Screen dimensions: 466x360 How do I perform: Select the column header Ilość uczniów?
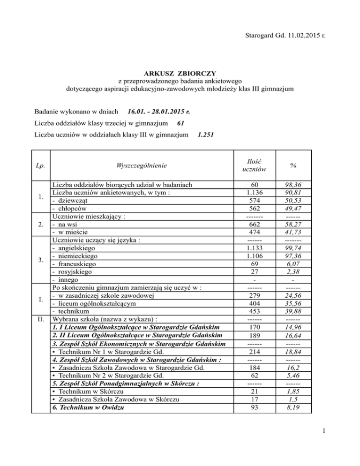[x=256, y=165]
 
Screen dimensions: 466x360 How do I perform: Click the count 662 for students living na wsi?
[x=256, y=225]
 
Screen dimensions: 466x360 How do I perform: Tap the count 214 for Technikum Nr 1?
[x=256, y=353]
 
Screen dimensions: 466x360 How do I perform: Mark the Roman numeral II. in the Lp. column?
[x=42, y=321]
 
